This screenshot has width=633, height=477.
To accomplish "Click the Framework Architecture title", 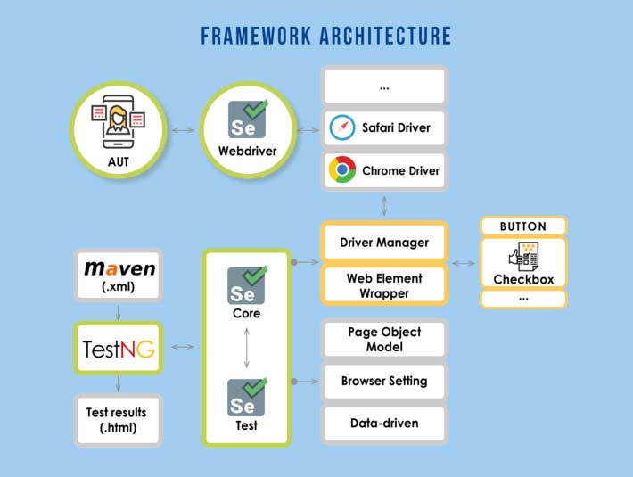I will point(325,37).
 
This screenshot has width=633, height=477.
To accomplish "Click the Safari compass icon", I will point(342,128).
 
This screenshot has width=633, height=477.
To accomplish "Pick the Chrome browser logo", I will point(342,170).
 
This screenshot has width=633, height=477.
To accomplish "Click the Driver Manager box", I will point(384,242).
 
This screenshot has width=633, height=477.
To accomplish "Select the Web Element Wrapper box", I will point(384,285).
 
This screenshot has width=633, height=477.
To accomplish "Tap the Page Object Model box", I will point(384,339).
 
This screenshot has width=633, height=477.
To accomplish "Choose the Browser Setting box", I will point(384,381).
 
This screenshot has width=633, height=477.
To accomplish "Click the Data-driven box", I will point(384,424).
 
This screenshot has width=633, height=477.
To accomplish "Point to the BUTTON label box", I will point(523,226).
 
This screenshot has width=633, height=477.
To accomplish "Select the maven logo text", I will point(119,267).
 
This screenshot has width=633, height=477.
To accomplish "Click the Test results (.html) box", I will point(117,420).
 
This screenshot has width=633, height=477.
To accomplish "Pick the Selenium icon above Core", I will point(247,285).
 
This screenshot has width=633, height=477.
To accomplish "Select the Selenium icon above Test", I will point(247,398).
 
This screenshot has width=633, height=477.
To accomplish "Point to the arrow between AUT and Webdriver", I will point(183,131).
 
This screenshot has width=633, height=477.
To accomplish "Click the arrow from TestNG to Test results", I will point(118,382).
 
